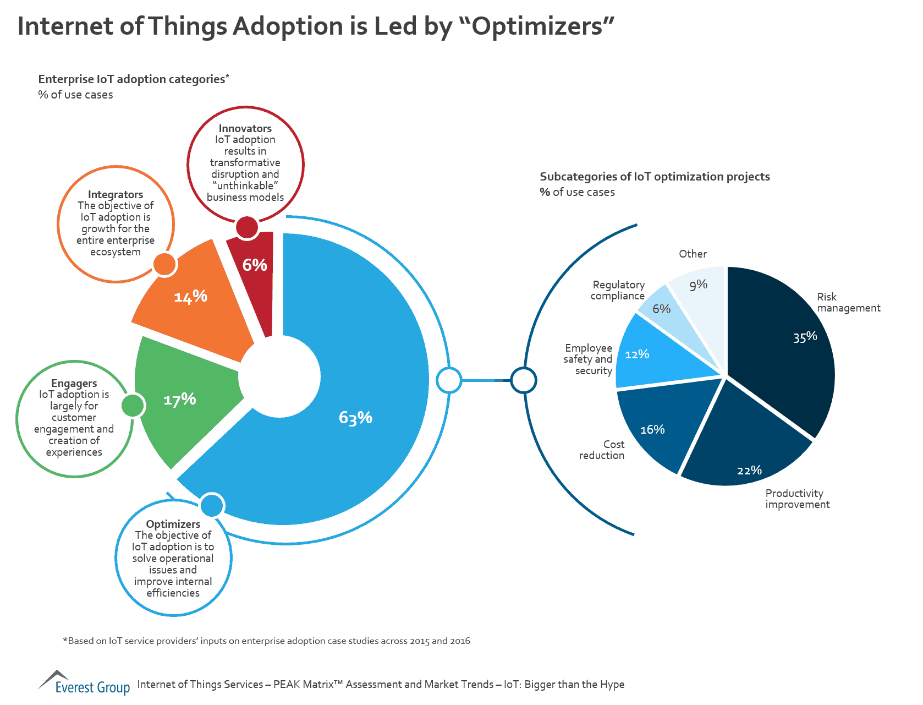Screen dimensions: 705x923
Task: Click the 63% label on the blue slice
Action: pos(355,418)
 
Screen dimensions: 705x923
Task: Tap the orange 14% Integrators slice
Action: pos(193,308)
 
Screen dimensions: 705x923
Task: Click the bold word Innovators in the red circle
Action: pos(245,128)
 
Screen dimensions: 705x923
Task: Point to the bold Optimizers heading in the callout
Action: pos(173,524)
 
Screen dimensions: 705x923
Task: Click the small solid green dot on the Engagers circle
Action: pos(132,406)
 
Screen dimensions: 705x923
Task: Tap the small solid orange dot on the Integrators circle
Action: pos(164,265)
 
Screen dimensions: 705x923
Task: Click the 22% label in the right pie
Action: pos(749,471)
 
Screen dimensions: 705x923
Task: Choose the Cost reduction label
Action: pos(602,450)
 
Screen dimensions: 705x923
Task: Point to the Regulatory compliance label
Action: pos(618,290)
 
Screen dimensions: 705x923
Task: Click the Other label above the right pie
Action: pos(693,254)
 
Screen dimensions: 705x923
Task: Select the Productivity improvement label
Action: pos(797,499)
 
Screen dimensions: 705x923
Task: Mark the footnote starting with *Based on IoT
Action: pos(266,641)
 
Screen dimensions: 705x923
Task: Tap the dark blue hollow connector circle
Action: pos(523,380)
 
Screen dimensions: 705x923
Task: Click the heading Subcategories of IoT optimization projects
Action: pos(655,177)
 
